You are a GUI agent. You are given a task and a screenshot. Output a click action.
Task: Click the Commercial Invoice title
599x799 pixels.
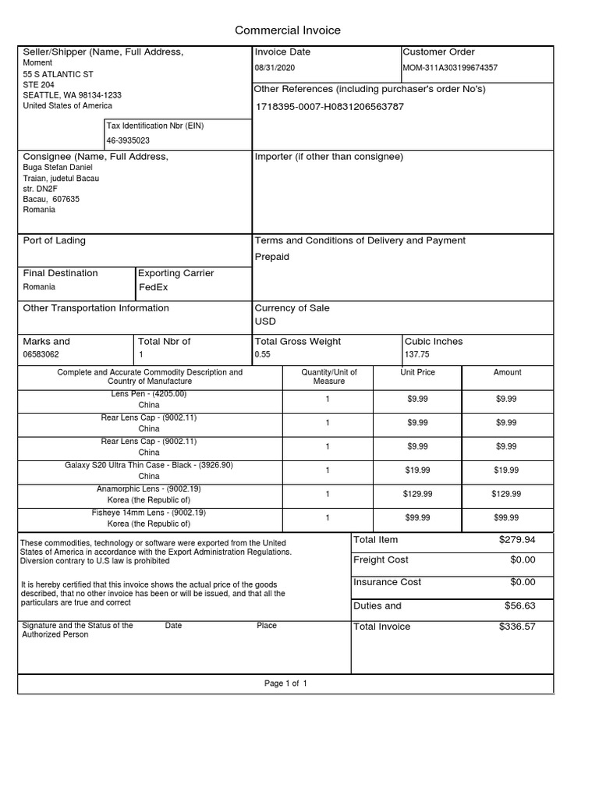pos(288,30)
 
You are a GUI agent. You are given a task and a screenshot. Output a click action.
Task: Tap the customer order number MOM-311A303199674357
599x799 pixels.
pos(450,68)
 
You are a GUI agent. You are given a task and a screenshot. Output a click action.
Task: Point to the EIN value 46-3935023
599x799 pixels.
pos(128,140)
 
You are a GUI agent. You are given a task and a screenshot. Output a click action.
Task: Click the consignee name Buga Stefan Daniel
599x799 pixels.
pos(58,168)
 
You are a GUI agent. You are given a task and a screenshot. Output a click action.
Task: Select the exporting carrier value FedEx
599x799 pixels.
pos(154,287)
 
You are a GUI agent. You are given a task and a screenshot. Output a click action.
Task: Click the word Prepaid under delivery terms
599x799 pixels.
pos(271,257)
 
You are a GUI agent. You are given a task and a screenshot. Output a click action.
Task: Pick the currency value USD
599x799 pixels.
pos(265,321)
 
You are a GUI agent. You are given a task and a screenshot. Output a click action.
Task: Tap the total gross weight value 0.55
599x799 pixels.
pos(262,354)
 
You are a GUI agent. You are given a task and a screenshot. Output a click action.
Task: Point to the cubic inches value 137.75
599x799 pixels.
pos(417,354)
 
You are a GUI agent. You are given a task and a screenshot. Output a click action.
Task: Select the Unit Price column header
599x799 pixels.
pos(417,373)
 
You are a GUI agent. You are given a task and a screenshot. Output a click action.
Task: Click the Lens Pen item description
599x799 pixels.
pos(149,394)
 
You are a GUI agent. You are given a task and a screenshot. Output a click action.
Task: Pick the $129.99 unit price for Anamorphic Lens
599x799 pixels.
pos(417,494)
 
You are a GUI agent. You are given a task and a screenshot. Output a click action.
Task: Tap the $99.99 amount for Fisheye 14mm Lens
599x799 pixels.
pos(506,517)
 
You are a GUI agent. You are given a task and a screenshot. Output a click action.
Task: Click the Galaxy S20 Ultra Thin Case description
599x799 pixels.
pos(149,465)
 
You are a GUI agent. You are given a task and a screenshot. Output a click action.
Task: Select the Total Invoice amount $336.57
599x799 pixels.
pos(516,627)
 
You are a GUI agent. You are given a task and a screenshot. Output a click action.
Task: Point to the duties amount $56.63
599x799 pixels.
pos(519,605)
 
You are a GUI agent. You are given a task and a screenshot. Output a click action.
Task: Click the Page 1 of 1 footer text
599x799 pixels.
pos(285,684)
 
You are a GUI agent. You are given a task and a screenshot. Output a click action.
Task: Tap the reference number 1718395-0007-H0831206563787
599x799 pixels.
pos(330,106)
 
